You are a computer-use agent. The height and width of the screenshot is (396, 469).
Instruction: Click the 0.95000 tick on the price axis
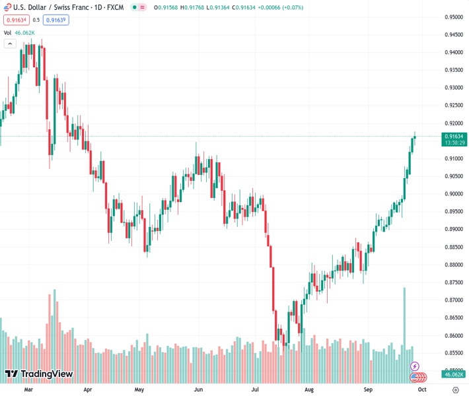(453, 16)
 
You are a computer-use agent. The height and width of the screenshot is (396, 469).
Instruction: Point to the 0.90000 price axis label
(453, 193)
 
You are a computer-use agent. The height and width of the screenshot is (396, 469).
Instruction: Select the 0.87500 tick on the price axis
(453, 282)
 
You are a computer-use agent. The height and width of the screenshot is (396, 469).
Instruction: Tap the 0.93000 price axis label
(453, 87)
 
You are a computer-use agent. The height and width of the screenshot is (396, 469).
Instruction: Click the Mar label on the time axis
(28, 389)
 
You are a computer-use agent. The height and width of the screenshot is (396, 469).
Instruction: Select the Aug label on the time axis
(309, 389)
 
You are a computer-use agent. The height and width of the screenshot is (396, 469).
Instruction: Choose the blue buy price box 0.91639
(57, 20)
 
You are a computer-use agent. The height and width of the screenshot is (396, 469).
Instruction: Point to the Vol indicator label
(7, 32)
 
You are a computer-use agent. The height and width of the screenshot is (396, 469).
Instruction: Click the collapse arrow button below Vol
(10, 44)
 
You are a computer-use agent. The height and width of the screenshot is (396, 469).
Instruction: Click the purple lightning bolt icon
(415, 366)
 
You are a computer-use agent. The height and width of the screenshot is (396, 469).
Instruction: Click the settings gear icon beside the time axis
(455, 389)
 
